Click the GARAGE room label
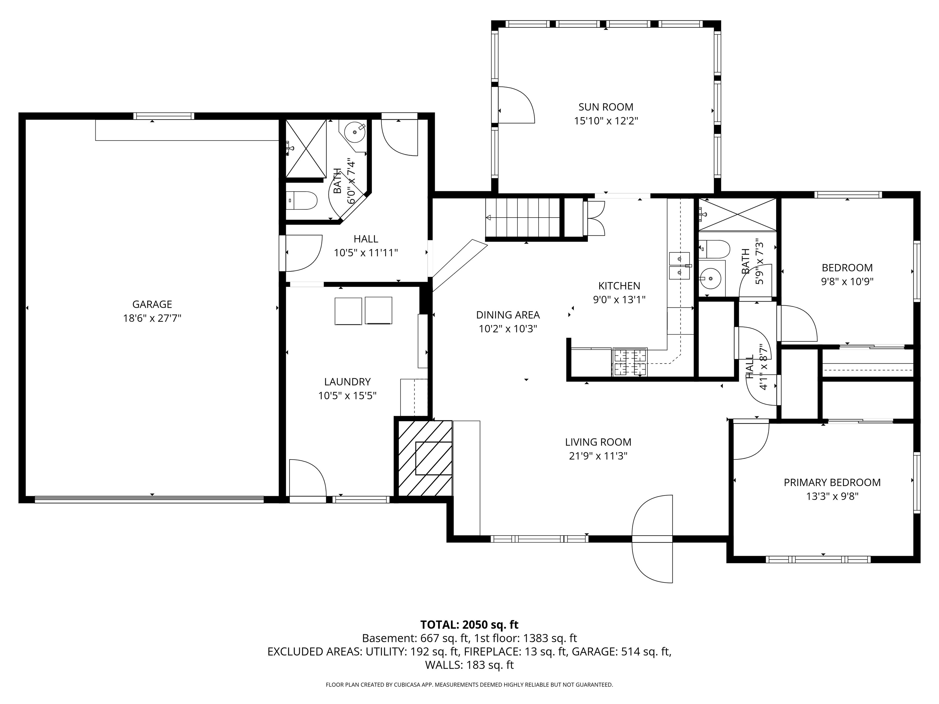pos(152,304)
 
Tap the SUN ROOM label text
pos(606,107)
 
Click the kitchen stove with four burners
pos(630,362)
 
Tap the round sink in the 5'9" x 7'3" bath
pos(710,278)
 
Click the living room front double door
pos(653,539)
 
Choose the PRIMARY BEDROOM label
pos(832,482)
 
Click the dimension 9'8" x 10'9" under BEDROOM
pos(847,281)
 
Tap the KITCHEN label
pos(619,286)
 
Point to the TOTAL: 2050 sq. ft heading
pos(469,625)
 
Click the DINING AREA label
pos(508,315)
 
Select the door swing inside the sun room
pos(515,105)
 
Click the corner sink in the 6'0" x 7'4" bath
pos(354,132)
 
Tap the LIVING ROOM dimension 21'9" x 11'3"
pos(598,456)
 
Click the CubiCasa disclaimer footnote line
pos(469,684)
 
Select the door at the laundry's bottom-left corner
pos(307,478)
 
